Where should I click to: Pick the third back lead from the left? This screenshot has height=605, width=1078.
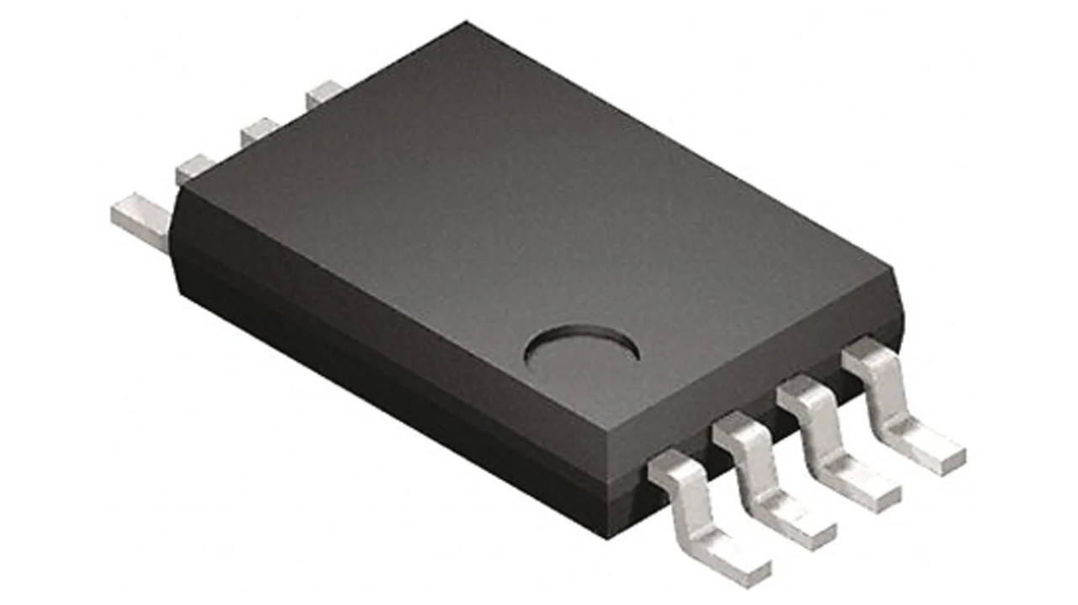point(259,131)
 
